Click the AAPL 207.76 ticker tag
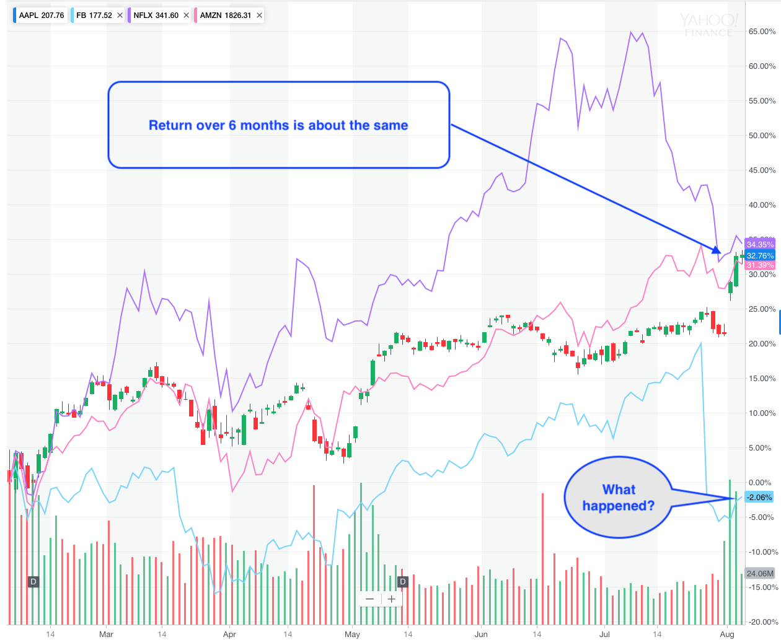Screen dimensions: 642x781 tap(41, 15)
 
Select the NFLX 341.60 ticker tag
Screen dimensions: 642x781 tap(156, 15)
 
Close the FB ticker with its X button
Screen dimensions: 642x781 tap(120, 15)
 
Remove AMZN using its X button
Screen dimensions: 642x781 tap(259, 15)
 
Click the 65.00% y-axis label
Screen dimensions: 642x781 tap(762, 32)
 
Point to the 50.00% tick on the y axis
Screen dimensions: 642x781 tap(762, 136)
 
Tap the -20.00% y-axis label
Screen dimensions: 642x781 tap(762, 622)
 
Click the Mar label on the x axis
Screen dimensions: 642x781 tap(106, 634)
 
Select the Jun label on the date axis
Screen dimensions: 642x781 tap(480, 634)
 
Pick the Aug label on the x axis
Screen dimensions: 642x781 tap(727, 634)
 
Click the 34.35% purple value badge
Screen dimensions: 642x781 tap(760, 245)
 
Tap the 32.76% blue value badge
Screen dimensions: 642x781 tap(760, 255)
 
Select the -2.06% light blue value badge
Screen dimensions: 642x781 tap(759, 498)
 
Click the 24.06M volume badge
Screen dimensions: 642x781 tap(760, 573)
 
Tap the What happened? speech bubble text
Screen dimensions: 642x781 tap(619, 498)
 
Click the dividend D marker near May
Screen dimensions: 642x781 tap(403, 581)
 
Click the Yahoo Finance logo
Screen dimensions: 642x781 tap(708, 25)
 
